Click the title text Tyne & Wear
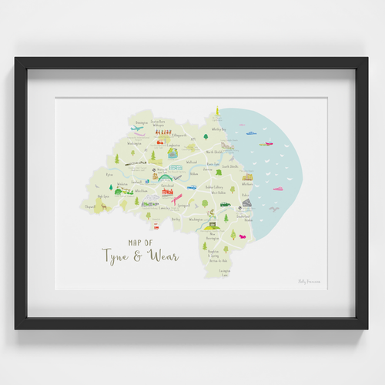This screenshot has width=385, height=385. (x=140, y=255)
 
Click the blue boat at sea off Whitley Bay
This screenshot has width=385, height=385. (x=251, y=132)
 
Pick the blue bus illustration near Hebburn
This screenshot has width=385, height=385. (x=192, y=186)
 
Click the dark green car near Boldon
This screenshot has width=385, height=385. (x=224, y=205)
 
